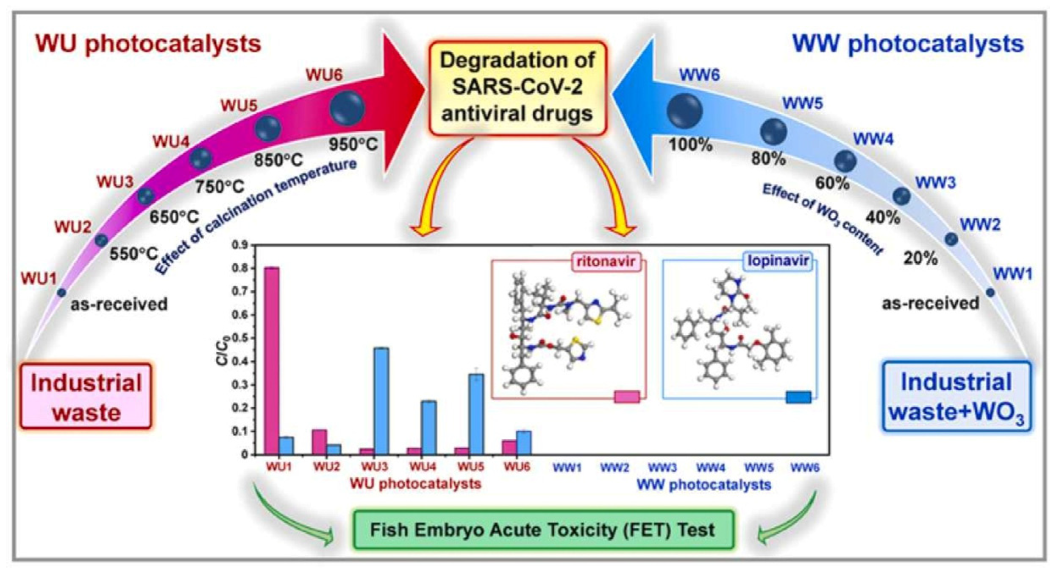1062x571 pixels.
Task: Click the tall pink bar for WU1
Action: (272, 361)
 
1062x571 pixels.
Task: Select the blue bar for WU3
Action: (381, 401)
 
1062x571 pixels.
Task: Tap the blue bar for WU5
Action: (477, 414)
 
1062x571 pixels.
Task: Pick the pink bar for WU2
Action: (320, 442)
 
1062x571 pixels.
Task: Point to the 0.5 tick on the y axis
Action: (242, 338)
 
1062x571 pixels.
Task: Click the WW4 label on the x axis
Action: (711, 467)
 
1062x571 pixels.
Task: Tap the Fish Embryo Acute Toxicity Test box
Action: (543, 530)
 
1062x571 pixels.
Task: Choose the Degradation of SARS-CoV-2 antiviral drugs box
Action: (517, 87)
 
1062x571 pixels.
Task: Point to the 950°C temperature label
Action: (353, 145)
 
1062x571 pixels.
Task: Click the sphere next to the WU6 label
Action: (347, 108)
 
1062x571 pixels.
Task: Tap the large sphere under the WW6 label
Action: (684, 111)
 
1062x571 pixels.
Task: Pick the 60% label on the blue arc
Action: (832, 183)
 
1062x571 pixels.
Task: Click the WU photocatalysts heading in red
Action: (148, 44)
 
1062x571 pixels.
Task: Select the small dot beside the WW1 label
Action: (990, 292)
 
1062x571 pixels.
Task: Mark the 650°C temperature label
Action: (174, 217)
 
